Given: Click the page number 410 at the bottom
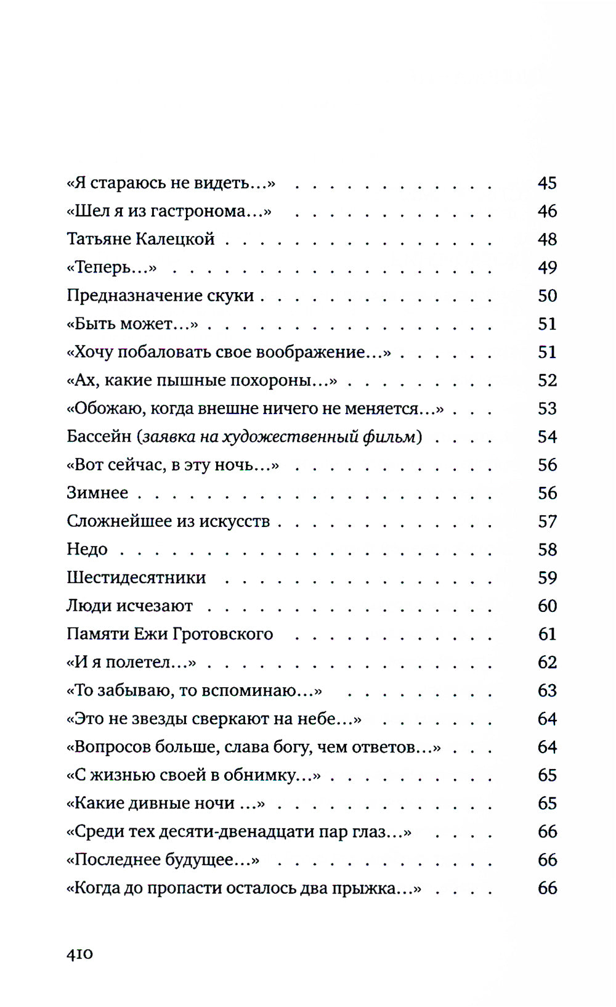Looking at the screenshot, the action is (x=79, y=953).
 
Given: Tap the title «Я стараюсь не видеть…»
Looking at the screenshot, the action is (x=171, y=183).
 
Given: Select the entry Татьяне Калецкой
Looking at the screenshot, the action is (x=140, y=239).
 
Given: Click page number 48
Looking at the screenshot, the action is (x=547, y=239).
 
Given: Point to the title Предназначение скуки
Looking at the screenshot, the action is (x=160, y=296).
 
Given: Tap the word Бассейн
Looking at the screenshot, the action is (x=99, y=437).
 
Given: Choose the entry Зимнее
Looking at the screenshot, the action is (x=97, y=493).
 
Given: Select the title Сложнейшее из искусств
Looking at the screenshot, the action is (x=168, y=521).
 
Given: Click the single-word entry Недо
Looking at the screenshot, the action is (x=87, y=550).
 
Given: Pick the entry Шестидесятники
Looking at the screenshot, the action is (x=136, y=578).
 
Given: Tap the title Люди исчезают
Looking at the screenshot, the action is (x=129, y=606).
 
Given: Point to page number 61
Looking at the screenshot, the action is (x=547, y=634).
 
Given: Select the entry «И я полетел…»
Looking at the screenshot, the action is (x=131, y=662).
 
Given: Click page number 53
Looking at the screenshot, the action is (x=547, y=409).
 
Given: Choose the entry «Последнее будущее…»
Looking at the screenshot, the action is (x=163, y=860).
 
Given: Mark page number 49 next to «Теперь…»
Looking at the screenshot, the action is (x=547, y=267).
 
